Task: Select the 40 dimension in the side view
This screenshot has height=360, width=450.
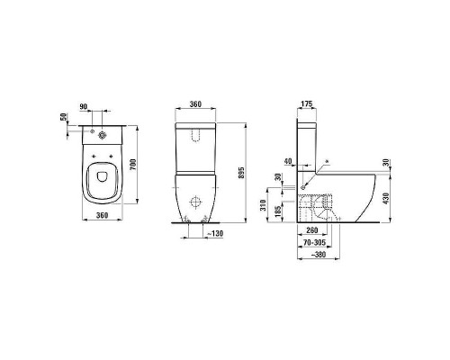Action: (x=288, y=162)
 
